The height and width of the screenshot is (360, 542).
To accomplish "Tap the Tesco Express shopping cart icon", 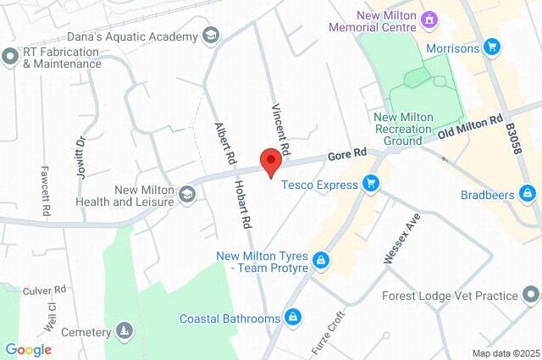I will point(370,183).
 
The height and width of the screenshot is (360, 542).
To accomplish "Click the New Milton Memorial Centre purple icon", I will point(429,18).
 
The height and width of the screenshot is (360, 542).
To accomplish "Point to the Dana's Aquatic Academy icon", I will point(211,36).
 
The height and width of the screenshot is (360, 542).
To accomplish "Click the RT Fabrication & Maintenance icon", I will point(10,58).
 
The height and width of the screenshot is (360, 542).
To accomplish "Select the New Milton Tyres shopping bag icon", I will point(321,260).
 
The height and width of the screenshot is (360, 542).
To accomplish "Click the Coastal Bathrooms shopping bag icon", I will point(292,318).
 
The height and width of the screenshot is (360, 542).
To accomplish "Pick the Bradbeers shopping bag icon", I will point(528,195).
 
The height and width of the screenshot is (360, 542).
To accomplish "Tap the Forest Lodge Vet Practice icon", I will point(531,296).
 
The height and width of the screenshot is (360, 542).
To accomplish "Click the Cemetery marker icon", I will point(124,331).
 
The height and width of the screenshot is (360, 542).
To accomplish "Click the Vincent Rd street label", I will point(280,130).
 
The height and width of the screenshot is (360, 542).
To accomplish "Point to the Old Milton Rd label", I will point(472,129).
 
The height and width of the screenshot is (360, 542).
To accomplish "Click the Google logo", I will point(28,349).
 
